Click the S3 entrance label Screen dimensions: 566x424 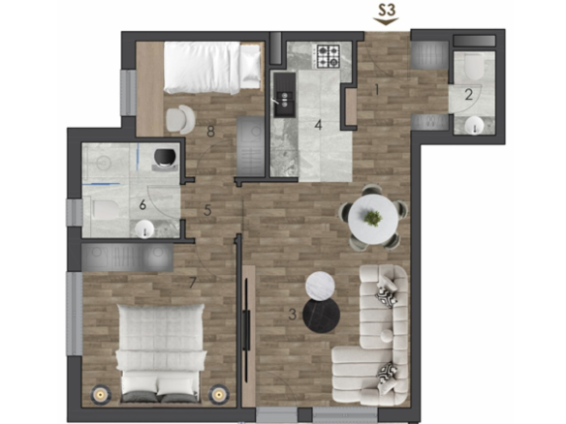click(387, 10)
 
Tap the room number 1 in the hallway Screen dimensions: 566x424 click(377, 89)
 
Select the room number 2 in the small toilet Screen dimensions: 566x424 click(468, 95)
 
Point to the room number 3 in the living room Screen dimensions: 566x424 click(293, 315)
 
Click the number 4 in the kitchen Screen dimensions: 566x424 click(318, 125)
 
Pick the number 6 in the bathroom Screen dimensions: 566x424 click(142, 205)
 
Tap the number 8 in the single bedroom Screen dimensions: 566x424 click(211, 132)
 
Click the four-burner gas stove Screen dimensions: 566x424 click(329, 56)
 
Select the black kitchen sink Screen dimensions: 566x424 click(284, 95)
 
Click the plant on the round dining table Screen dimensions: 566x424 click(372, 218)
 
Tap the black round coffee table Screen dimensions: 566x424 click(321, 316)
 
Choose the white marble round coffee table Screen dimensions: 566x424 click(320, 286)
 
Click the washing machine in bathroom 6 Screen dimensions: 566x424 click(165, 159)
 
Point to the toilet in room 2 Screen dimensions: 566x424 click(474, 67)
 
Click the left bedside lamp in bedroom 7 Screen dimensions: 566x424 click(100, 395)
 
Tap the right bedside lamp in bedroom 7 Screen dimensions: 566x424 click(218, 395)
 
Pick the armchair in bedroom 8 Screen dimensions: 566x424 click(180, 119)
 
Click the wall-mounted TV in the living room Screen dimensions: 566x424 click(246, 330)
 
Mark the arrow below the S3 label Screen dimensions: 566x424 click(386, 21)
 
